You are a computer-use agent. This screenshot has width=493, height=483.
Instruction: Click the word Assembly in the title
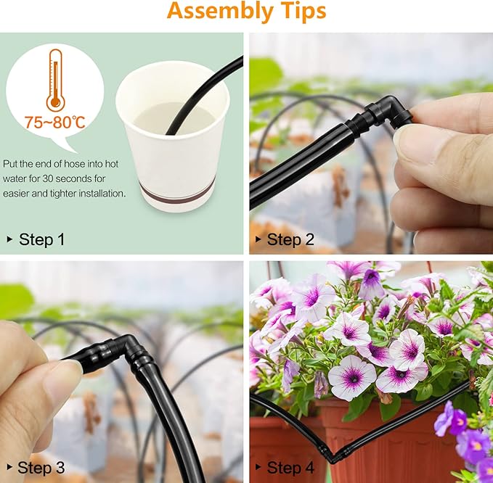(221, 12)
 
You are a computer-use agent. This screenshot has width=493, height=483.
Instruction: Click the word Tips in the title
(303, 11)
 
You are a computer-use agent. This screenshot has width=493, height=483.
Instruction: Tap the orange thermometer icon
(56, 80)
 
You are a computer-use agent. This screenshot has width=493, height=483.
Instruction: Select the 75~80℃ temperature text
(55, 122)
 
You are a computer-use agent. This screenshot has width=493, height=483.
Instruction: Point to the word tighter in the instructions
(61, 194)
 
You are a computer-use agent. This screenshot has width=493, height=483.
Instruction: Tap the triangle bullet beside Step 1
(9, 239)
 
